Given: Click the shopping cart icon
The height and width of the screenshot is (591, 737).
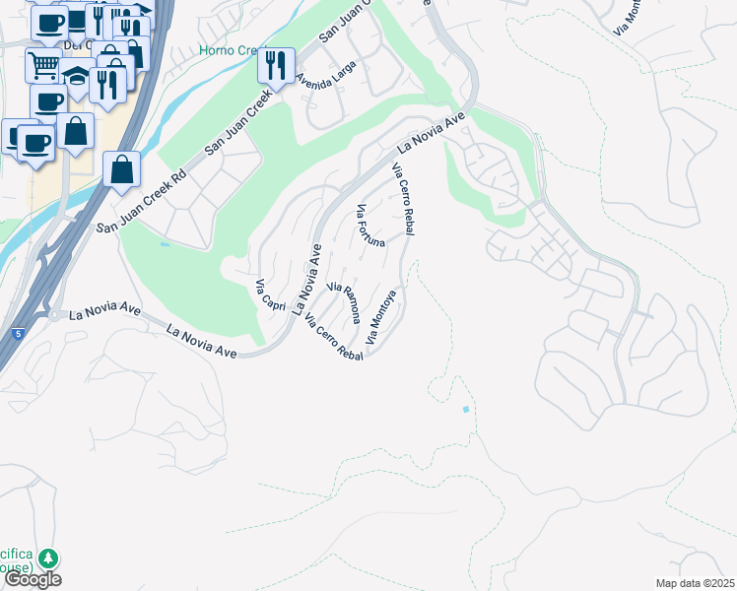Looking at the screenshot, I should pos(43,66).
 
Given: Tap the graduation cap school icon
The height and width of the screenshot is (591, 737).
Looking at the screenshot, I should pos(76,76).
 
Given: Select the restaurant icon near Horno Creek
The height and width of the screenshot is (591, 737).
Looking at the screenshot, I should pos(274,66).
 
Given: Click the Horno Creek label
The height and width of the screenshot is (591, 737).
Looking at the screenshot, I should pos(228,50).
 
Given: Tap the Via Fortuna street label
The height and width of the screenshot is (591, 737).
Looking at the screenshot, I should pos(370,227).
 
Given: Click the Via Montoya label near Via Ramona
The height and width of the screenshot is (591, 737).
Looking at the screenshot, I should pos(381,316).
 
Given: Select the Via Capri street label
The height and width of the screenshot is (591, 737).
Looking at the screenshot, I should pos(270,296).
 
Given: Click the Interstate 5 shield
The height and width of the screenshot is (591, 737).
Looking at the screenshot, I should pos(18,335).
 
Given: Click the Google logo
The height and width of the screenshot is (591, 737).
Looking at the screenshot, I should pos(32,579).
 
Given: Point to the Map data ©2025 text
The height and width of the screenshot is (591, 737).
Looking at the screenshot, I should pos(696,583).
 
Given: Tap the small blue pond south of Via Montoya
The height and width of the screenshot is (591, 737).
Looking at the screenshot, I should pos(466,409).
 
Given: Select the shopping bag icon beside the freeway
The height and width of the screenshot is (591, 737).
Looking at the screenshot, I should pos(120,169).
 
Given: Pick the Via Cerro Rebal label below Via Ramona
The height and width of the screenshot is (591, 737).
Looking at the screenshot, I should pos(334,338).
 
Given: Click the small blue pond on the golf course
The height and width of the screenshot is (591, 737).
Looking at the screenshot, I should pos(164,244).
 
